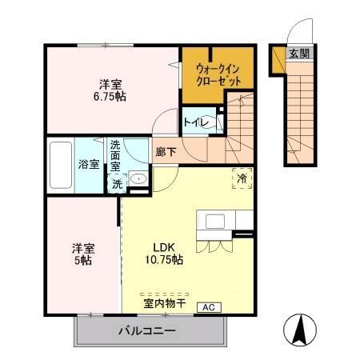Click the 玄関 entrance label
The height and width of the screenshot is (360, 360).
299,54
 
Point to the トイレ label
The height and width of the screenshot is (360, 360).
196,122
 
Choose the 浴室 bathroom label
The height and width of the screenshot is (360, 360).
89,165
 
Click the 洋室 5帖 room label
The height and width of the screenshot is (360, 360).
81,254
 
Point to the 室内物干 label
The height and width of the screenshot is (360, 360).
164,303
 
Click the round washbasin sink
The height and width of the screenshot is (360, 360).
138,179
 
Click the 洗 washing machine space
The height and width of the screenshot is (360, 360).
117,183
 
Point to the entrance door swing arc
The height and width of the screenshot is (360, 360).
298,34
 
